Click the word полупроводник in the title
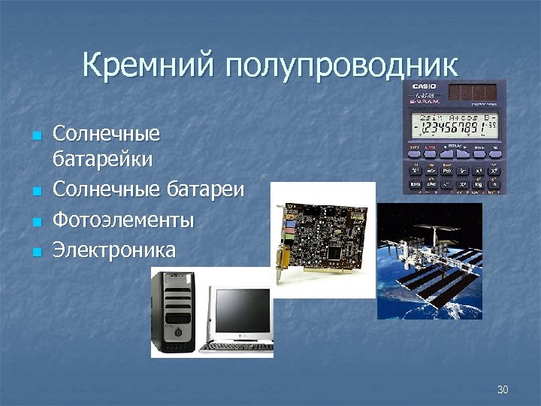click(341, 66)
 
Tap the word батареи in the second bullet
click(207, 189)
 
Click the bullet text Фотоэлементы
click(123, 220)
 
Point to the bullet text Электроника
click(113, 250)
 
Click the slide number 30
click(503, 389)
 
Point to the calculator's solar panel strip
click(473, 92)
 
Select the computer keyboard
click(237, 347)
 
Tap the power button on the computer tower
click(177, 330)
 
